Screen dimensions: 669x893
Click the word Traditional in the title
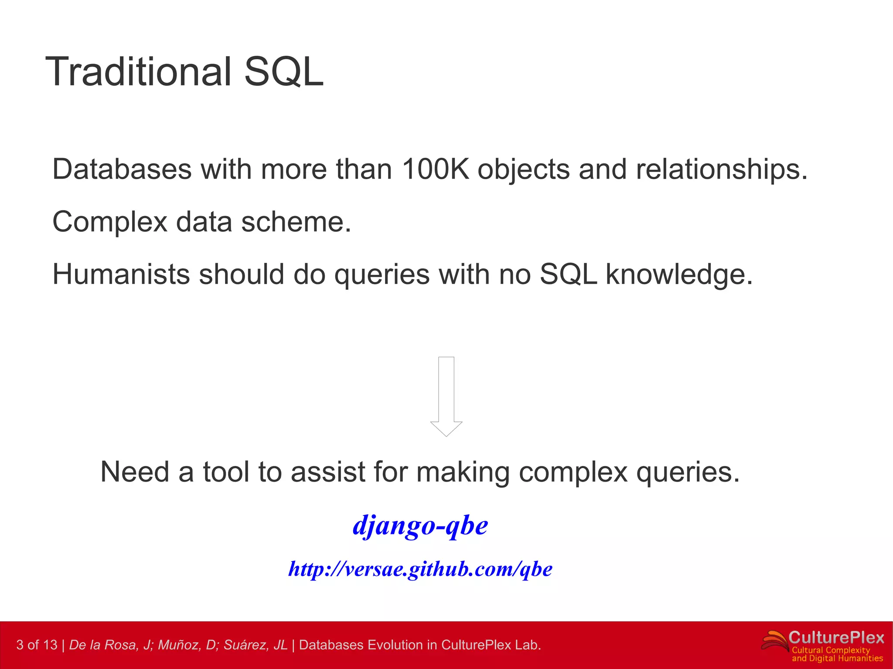138,72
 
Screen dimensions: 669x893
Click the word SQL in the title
283,72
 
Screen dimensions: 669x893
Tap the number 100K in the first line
435,169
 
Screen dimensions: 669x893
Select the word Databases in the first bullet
122,169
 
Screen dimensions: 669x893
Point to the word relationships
721,169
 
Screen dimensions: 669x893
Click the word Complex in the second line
109,222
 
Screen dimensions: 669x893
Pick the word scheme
296,222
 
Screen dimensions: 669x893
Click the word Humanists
121,275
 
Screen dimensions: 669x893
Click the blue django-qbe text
420,525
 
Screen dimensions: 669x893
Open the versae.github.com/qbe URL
420,569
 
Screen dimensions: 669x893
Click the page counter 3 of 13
37,645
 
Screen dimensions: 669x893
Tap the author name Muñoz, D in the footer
187,645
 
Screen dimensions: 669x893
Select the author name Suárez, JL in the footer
256,645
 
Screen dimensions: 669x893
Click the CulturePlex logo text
836,638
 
